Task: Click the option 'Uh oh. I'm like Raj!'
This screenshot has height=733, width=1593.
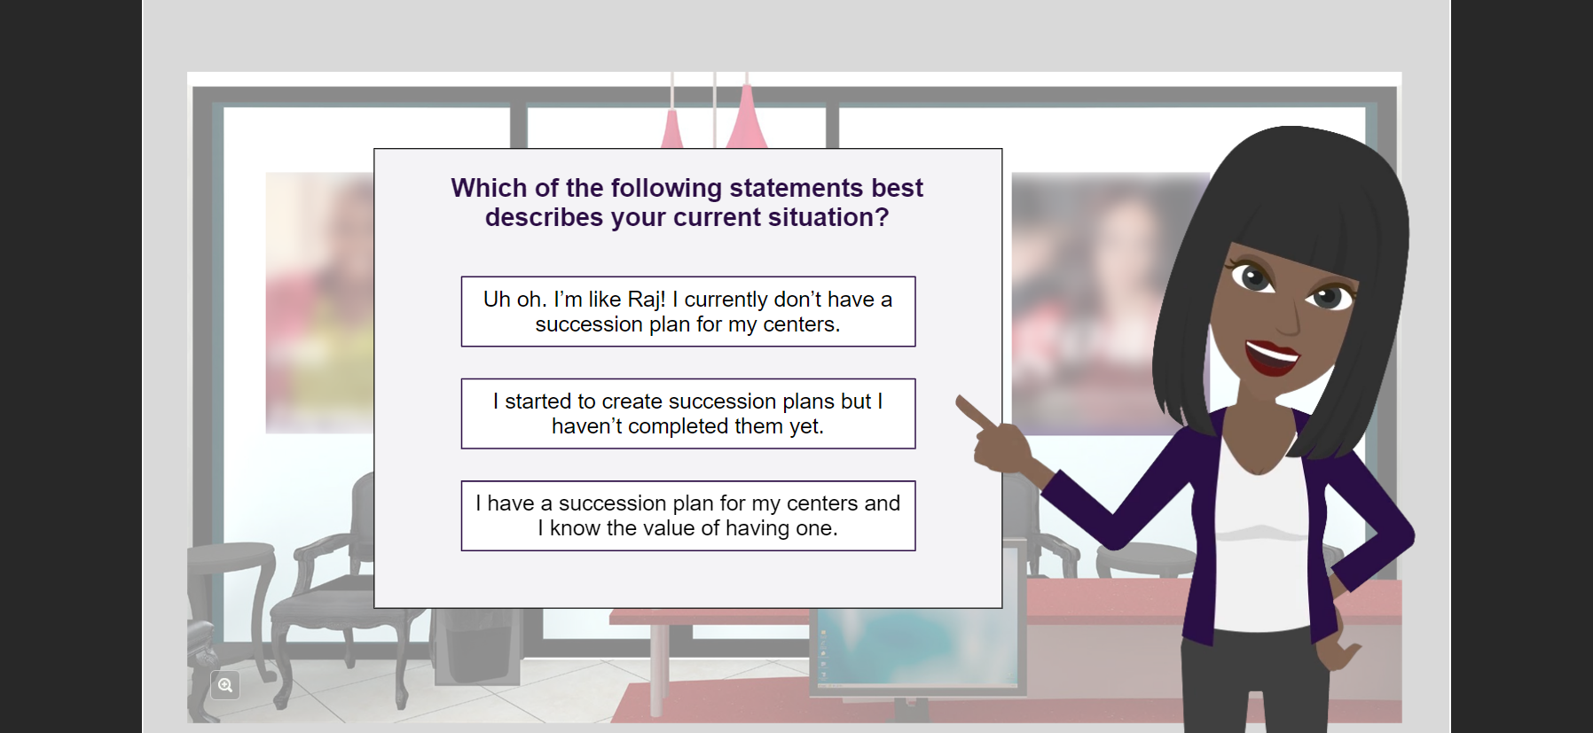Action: pyautogui.click(x=688, y=311)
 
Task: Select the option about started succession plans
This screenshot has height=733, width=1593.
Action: pyautogui.click(x=688, y=414)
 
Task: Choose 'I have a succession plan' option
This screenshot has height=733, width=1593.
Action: pyautogui.click(x=688, y=516)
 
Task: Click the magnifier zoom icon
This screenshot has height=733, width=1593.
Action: pyautogui.click(x=225, y=685)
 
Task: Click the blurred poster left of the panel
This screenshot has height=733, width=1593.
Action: pyautogui.click(x=319, y=302)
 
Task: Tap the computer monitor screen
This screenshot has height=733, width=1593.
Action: pyautogui.click(x=918, y=647)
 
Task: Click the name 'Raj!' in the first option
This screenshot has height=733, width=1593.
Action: pyautogui.click(x=647, y=300)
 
